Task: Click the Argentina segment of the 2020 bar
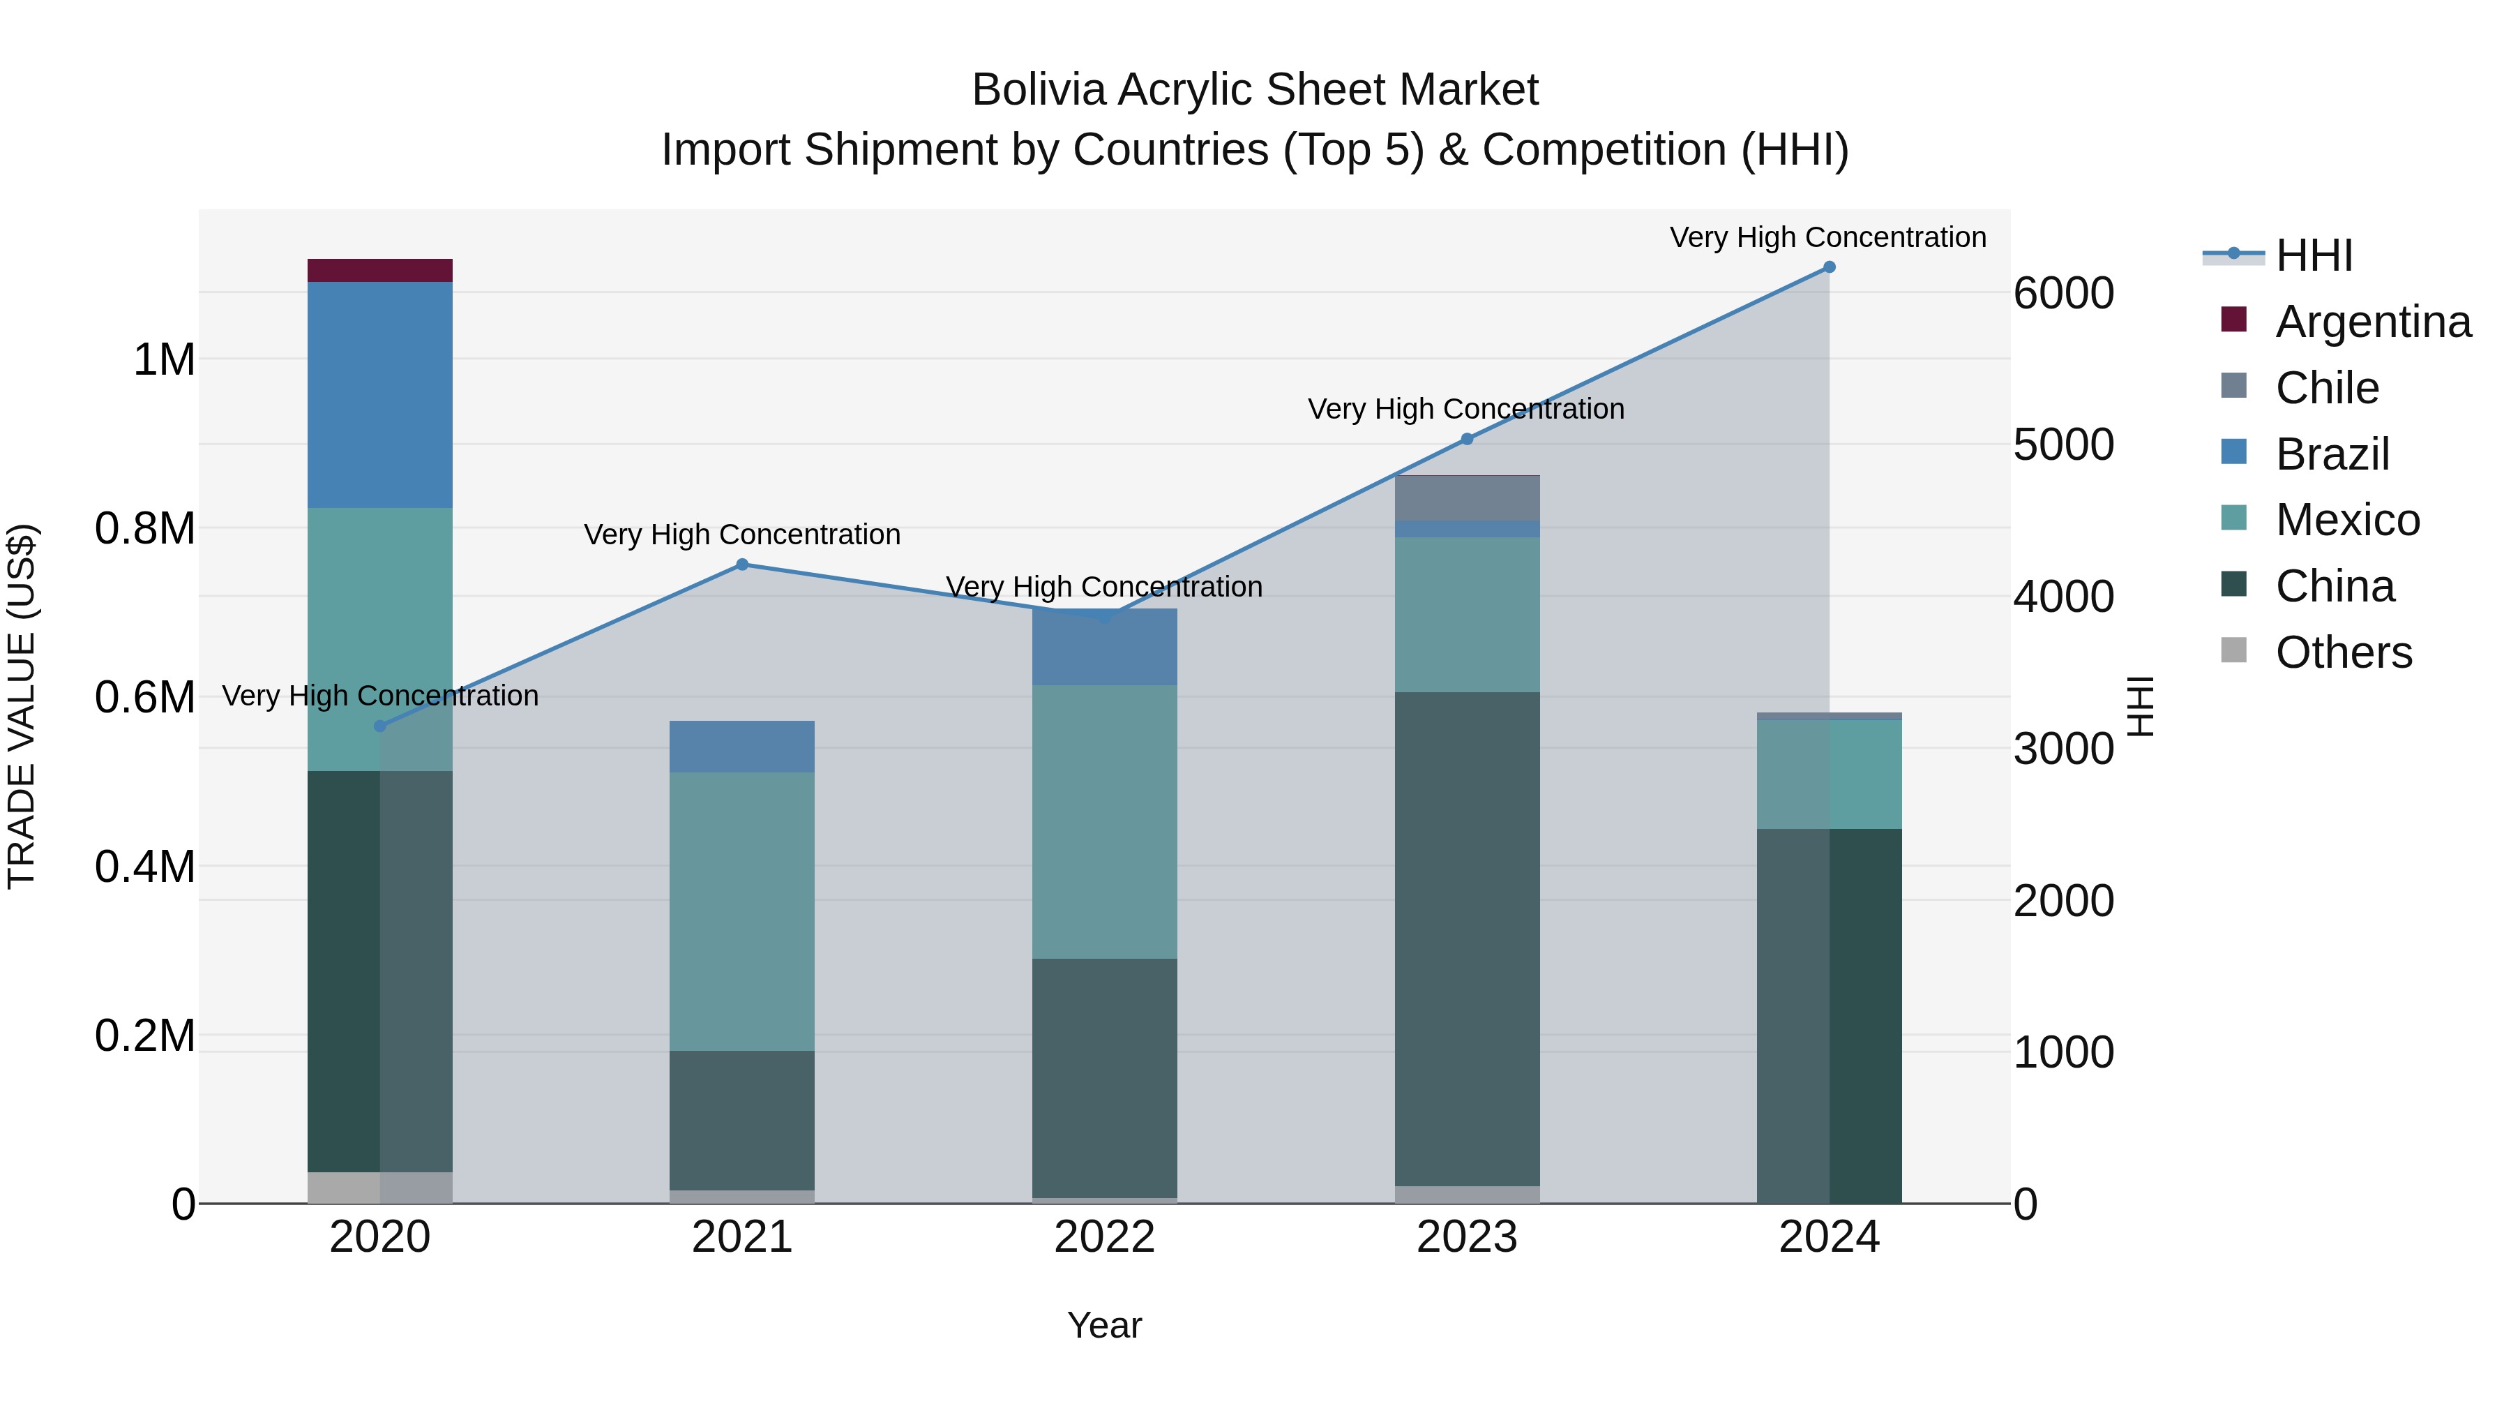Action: click(x=379, y=270)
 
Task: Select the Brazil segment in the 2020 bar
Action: click(x=379, y=394)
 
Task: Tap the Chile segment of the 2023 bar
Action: click(x=1467, y=498)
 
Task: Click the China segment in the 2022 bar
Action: click(x=1104, y=1077)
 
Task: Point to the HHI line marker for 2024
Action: click(x=1829, y=267)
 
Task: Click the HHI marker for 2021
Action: click(x=742, y=565)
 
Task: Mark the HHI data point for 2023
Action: click(x=1467, y=440)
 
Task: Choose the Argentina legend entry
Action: click(x=2373, y=322)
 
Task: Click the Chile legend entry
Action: click(x=2327, y=388)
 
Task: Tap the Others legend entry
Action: click(x=2344, y=652)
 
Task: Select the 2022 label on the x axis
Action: click(x=1104, y=1237)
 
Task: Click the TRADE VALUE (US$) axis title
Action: click(x=22, y=706)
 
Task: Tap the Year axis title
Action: click(x=1104, y=1325)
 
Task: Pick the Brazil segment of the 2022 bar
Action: click(x=1104, y=648)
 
